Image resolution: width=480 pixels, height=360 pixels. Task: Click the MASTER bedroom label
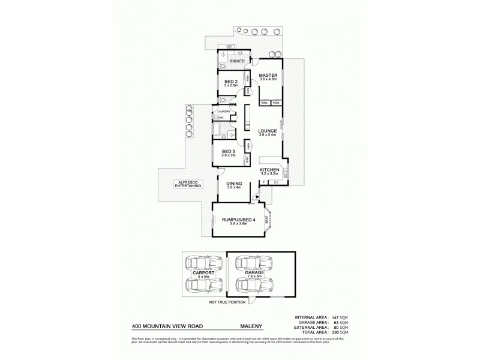click(268, 76)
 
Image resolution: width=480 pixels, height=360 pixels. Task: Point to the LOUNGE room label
click(267, 130)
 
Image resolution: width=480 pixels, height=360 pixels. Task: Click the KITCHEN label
click(269, 170)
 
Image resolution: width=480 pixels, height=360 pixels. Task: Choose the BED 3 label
click(229, 151)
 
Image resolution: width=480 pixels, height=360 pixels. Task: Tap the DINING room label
click(233, 185)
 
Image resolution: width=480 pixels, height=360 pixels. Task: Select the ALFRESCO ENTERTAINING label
click(187, 184)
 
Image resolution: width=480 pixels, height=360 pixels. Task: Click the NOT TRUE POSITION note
click(223, 302)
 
